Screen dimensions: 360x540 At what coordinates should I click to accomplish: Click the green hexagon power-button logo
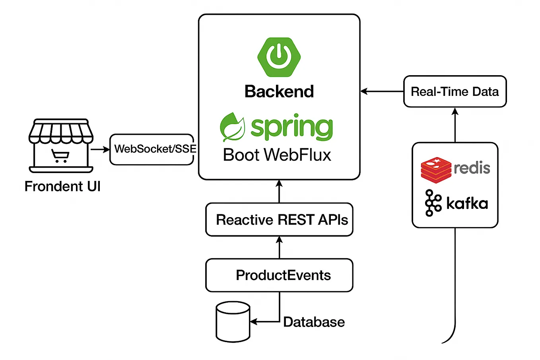[279, 57]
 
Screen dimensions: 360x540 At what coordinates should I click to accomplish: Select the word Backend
[279, 91]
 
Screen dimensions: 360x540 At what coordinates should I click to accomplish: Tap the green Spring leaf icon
[232, 127]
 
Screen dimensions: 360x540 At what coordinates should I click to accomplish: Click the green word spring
[291, 128]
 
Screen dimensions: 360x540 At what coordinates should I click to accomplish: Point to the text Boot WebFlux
[277, 155]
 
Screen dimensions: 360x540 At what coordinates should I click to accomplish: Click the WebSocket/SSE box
[152, 149]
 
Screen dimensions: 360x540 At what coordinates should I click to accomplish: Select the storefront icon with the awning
[61, 145]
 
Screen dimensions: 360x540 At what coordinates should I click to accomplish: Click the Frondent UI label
[62, 186]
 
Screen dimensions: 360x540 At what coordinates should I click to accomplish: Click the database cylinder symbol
[233, 321]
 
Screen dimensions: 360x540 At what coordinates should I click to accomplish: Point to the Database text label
[314, 322]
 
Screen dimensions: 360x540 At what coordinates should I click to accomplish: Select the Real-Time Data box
[455, 91]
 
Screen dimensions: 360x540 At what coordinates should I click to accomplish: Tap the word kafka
[467, 203]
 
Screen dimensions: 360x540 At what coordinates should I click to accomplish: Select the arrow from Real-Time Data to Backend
[382, 91]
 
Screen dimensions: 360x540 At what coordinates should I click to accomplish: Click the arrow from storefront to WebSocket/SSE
[100, 149]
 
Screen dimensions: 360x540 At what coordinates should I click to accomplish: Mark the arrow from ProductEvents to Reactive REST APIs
[279, 247]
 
